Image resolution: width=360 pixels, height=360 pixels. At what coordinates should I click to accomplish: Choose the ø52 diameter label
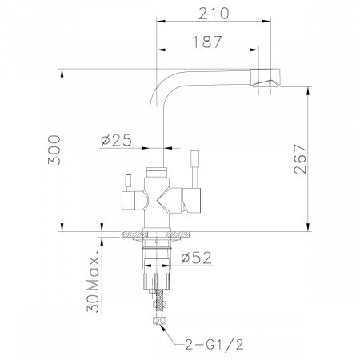pyautogui.click(x=197, y=258)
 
